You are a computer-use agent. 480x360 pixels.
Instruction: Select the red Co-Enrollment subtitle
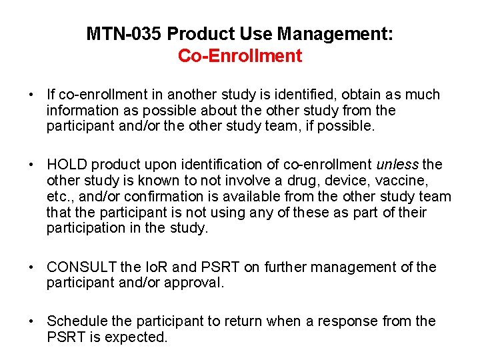[x=240, y=55]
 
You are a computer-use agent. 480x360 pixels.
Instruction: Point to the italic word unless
[x=397, y=165]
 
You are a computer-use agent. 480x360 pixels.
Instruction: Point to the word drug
[x=301, y=181]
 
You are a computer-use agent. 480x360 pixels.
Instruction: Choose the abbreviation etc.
[x=59, y=197]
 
